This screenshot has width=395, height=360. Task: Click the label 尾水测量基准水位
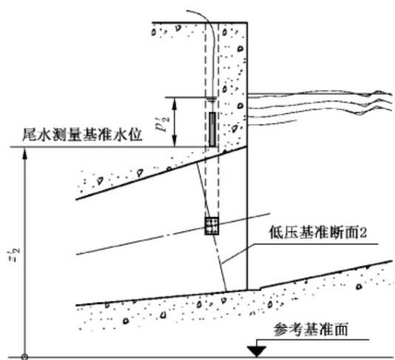(82, 135)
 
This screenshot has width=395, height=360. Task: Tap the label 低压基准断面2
(318, 232)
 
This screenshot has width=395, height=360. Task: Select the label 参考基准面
(310, 329)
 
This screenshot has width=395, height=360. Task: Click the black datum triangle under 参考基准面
(256, 351)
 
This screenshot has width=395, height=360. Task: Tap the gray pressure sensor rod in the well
(213, 129)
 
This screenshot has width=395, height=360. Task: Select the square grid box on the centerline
(212, 226)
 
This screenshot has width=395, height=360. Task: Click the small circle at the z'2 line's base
(24, 357)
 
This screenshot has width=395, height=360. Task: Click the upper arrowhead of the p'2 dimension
(174, 103)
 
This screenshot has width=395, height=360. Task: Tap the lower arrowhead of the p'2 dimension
(174, 141)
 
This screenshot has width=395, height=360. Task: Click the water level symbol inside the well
(211, 99)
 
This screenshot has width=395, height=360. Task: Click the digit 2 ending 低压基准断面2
(363, 233)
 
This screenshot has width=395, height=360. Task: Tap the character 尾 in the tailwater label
(29, 135)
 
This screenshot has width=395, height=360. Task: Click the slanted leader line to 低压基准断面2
(238, 254)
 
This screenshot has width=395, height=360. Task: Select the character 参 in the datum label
(280, 329)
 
